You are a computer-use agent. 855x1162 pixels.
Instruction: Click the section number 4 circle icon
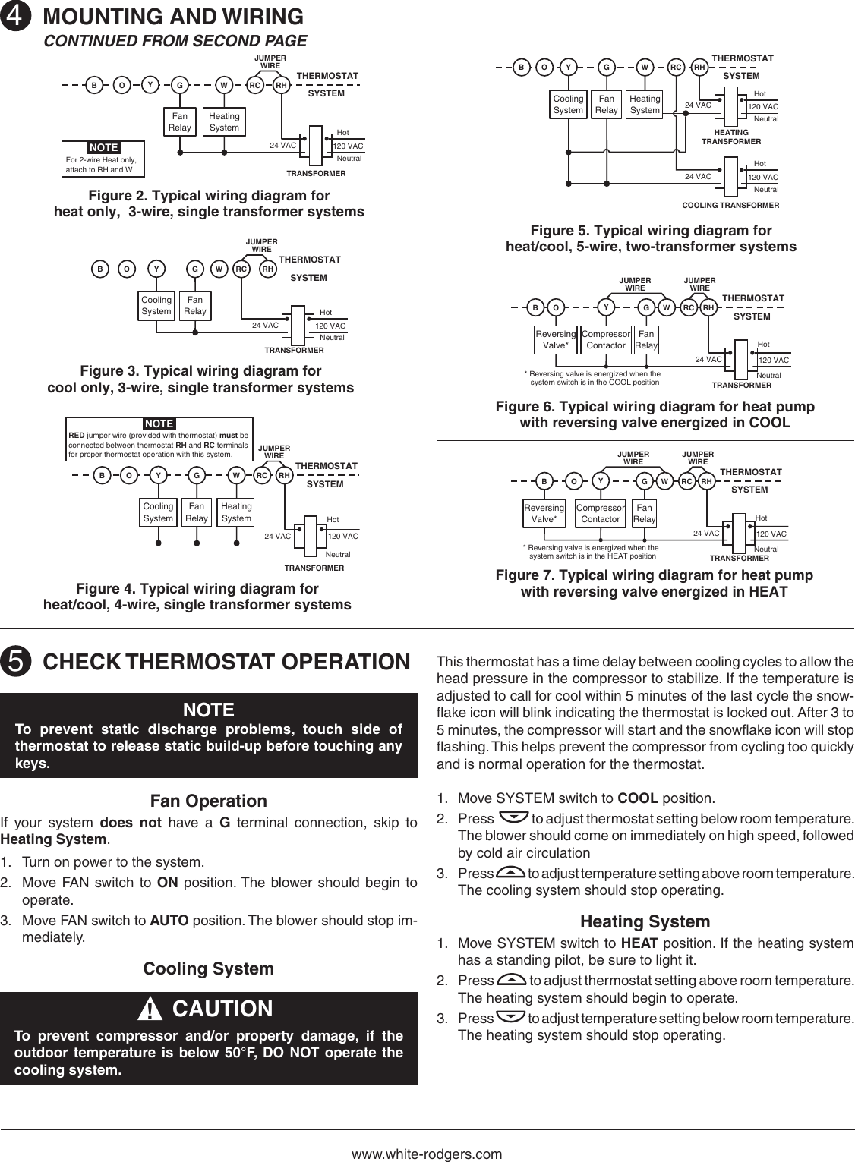15,17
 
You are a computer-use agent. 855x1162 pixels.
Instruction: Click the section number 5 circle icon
15,662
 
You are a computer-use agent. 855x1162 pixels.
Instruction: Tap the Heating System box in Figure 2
224,122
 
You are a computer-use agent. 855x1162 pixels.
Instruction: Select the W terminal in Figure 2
224,86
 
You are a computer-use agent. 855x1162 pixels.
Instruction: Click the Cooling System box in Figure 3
156,305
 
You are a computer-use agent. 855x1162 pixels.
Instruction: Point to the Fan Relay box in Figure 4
197,512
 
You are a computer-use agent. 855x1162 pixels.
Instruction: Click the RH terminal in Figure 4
284,476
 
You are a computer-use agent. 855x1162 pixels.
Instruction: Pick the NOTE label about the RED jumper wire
159,424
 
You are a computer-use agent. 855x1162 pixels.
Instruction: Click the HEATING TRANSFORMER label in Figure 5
730,137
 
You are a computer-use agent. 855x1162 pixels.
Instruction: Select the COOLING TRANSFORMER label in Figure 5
730,206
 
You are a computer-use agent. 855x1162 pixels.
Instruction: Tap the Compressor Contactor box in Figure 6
606,339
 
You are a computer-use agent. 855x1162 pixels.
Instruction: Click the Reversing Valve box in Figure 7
544,513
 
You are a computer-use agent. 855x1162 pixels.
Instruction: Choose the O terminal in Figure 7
574,481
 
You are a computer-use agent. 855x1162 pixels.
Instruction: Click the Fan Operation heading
209,801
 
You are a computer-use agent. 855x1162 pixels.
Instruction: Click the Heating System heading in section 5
645,921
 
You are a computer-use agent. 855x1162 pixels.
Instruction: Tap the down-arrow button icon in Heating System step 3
510,1017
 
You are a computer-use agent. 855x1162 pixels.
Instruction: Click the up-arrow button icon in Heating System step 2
513,980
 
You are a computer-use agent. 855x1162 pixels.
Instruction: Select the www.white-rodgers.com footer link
427,1154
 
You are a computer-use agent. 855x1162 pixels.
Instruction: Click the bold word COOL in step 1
638,798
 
